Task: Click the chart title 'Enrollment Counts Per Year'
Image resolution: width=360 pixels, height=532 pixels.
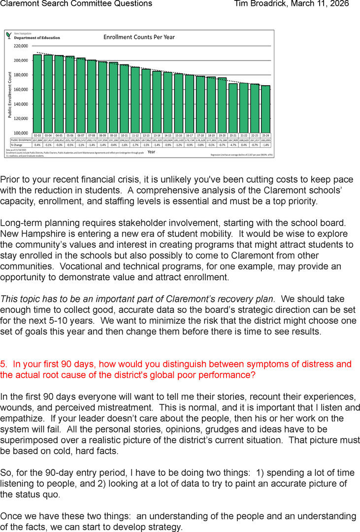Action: pyautogui.click(x=139, y=37)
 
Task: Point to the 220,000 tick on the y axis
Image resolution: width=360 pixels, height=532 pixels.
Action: pyautogui.click(x=21, y=46)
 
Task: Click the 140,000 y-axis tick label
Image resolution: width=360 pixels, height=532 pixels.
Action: pyautogui.click(x=21, y=104)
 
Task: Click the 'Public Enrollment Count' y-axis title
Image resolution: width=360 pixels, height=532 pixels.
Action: pyautogui.click(x=9, y=94)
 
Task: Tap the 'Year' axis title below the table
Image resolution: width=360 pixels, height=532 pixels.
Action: pyautogui.click(x=151, y=152)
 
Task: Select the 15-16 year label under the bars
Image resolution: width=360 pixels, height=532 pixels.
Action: pyautogui.click(x=178, y=135)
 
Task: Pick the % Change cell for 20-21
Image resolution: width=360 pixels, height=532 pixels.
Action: pyautogui.click(x=233, y=145)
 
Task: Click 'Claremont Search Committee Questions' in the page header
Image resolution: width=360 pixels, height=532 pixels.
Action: pyautogui.click(x=76, y=4)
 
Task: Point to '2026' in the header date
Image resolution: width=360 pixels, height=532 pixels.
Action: pyautogui.click(x=339, y=4)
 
